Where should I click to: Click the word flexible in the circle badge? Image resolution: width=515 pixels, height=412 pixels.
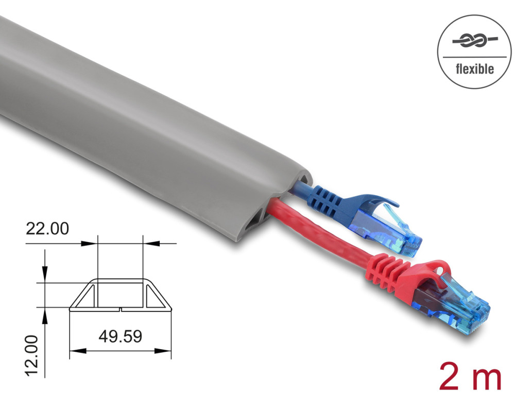[475, 69]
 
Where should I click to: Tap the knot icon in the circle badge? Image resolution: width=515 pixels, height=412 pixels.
[475, 40]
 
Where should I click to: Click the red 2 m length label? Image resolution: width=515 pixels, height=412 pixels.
[470, 375]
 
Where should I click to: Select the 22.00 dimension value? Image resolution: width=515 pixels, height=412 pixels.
[47, 229]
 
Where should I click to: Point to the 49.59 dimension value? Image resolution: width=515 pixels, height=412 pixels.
[120, 336]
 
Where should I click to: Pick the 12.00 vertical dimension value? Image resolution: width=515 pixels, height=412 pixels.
[31, 355]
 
